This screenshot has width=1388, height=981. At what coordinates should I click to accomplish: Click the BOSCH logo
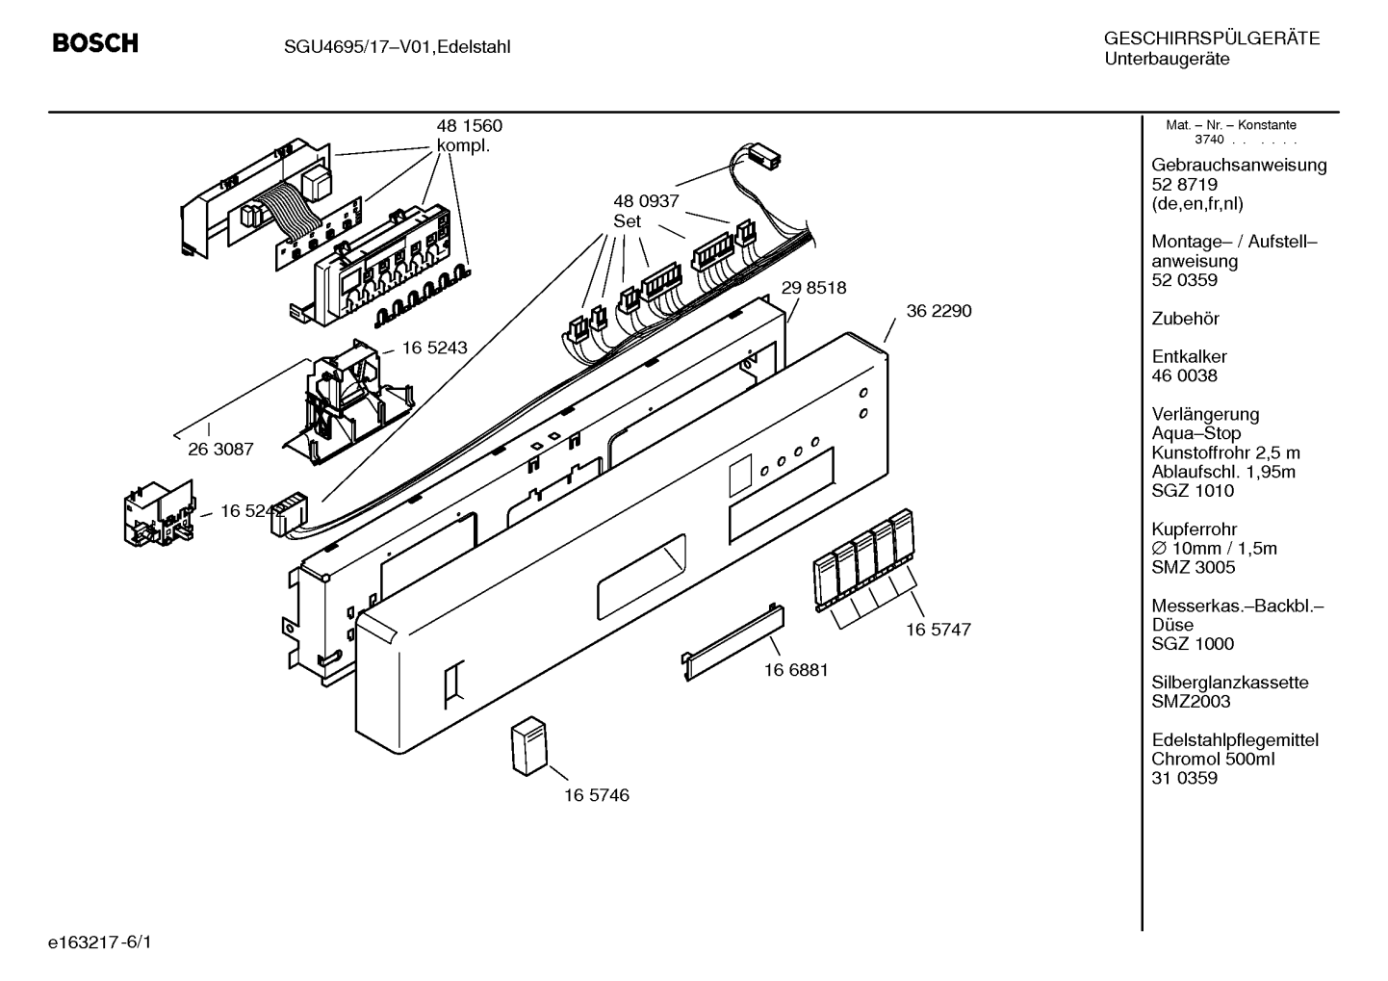(x=95, y=43)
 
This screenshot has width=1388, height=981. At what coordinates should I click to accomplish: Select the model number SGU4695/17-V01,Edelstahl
(x=398, y=47)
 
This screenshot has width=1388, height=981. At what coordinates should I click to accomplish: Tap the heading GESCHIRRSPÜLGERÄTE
(x=1212, y=39)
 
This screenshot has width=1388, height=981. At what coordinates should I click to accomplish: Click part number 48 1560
(x=469, y=126)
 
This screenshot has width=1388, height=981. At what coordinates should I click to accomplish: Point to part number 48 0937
(x=646, y=201)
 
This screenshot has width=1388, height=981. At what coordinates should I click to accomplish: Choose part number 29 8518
(x=813, y=288)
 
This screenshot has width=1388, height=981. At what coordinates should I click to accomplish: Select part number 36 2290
(x=938, y=311)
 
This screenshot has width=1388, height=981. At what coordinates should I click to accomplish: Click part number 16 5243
(x=434, y=348)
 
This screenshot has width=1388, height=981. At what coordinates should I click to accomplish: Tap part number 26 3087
(x=220, y=450)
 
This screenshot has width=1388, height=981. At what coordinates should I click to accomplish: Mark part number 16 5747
(x=938, y=630)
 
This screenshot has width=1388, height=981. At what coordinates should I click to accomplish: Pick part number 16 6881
(x=796, y=670)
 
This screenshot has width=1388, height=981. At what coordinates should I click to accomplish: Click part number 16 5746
(x=596, y=795)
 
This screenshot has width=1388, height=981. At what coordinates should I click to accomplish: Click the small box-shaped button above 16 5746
(x=529, y=746)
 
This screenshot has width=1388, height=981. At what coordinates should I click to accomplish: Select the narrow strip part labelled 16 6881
(x=733, y=643)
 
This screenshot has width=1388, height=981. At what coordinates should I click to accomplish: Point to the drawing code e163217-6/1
(x=100, y=942)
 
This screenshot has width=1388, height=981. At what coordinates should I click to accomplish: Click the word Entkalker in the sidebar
(x=1189, y=356)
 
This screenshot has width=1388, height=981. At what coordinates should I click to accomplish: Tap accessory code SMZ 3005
(x=1194, y=567)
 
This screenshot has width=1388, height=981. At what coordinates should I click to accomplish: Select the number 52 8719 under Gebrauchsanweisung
(x=1184, y=184)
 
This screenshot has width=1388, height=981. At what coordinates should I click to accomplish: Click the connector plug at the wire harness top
(x=764, y=156)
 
